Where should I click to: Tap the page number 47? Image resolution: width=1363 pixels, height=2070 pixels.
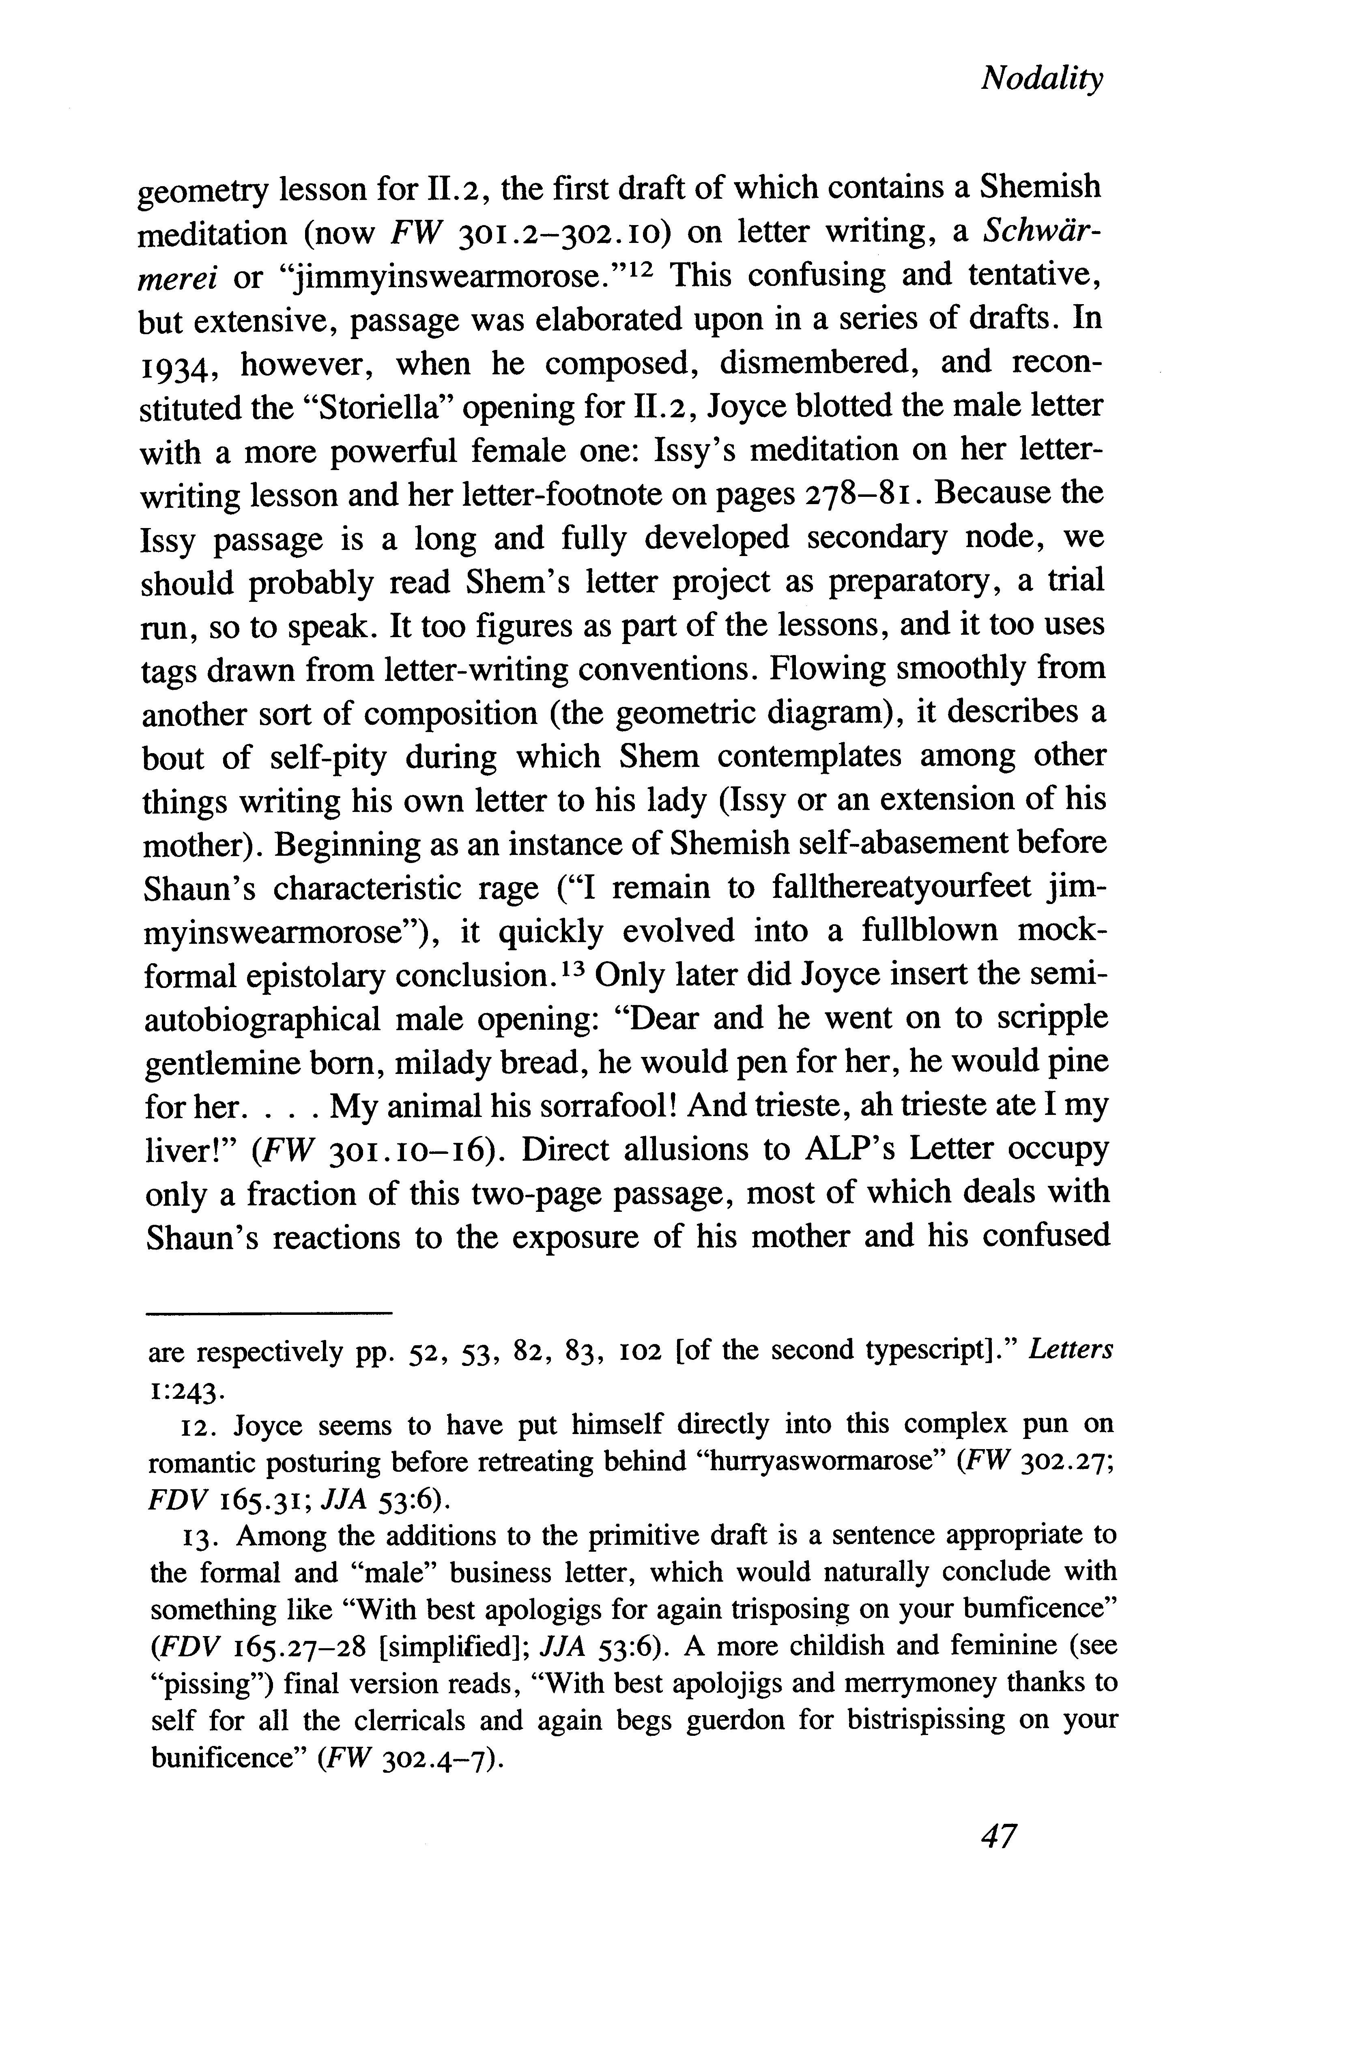[998, 1835]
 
